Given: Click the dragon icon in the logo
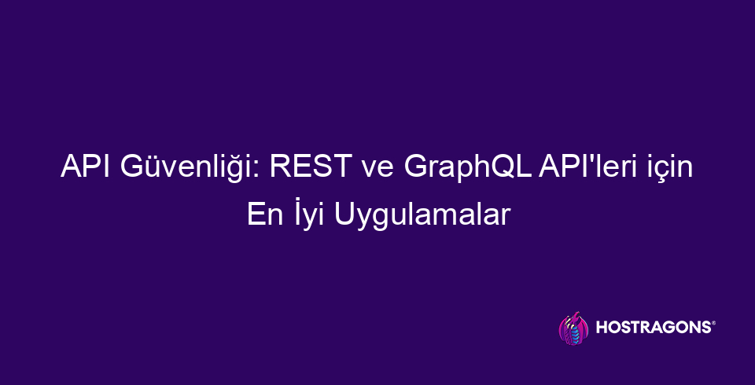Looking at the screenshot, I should coord(573,328).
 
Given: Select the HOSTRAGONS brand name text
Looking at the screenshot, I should coord(653,328).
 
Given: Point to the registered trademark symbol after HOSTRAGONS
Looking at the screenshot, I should coord(713,323).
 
